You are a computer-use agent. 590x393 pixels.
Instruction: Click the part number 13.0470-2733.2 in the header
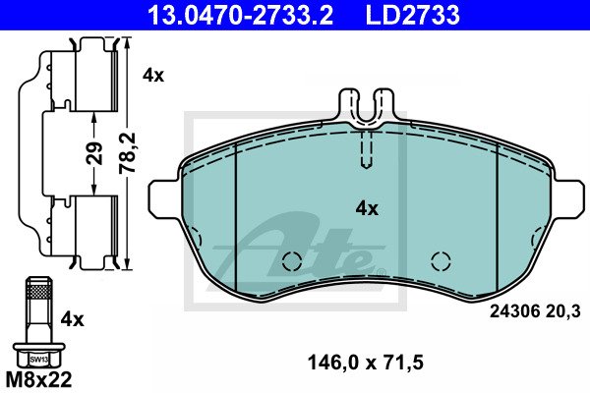[240, 15]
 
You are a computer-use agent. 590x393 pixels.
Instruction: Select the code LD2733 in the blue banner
[413, 15]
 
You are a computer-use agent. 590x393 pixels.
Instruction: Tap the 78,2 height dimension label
[128, 153]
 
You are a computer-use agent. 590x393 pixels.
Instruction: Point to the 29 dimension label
[94, 153]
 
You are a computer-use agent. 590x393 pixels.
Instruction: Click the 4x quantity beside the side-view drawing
[153, 76]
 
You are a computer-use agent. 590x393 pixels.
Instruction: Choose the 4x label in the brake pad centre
[367, 208]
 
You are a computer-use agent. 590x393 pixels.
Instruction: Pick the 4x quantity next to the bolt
[73, 319]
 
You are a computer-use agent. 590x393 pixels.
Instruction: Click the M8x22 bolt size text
[38, 379]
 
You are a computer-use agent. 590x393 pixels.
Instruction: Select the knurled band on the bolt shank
[38, 291]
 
